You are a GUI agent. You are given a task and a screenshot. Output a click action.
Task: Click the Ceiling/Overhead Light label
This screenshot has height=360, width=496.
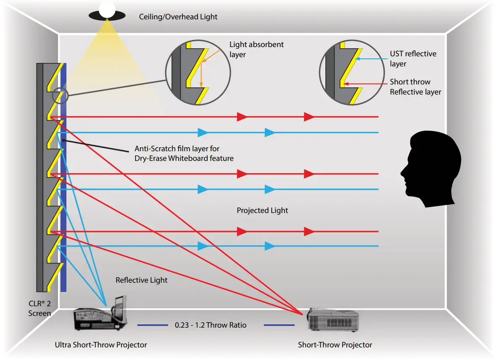[x=178, y=17]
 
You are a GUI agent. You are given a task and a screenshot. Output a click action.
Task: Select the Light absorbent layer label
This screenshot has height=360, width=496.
[x=256, y=49]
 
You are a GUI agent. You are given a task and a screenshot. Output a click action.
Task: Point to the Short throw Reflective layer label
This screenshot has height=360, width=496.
[x=415, y=87]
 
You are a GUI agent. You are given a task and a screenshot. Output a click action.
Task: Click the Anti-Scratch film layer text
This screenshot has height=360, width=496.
[x=184, y=153]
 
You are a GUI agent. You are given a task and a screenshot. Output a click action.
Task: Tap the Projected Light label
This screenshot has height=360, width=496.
[x=262, y=210]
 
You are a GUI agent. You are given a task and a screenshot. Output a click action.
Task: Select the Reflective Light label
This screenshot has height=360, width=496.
[x=141, y=280]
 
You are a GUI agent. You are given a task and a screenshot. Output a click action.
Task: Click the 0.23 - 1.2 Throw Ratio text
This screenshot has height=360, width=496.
[x=211, y=325]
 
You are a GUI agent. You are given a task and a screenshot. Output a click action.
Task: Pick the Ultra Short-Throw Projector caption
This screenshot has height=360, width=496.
[x=101, y=345]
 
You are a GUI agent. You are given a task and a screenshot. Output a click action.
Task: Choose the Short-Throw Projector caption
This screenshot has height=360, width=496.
[x=335, y=345]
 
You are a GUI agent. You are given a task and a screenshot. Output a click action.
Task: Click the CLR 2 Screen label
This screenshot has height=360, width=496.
[x=40, y=309]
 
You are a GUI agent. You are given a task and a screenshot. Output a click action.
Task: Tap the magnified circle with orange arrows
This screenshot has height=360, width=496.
[x=198, y=73]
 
